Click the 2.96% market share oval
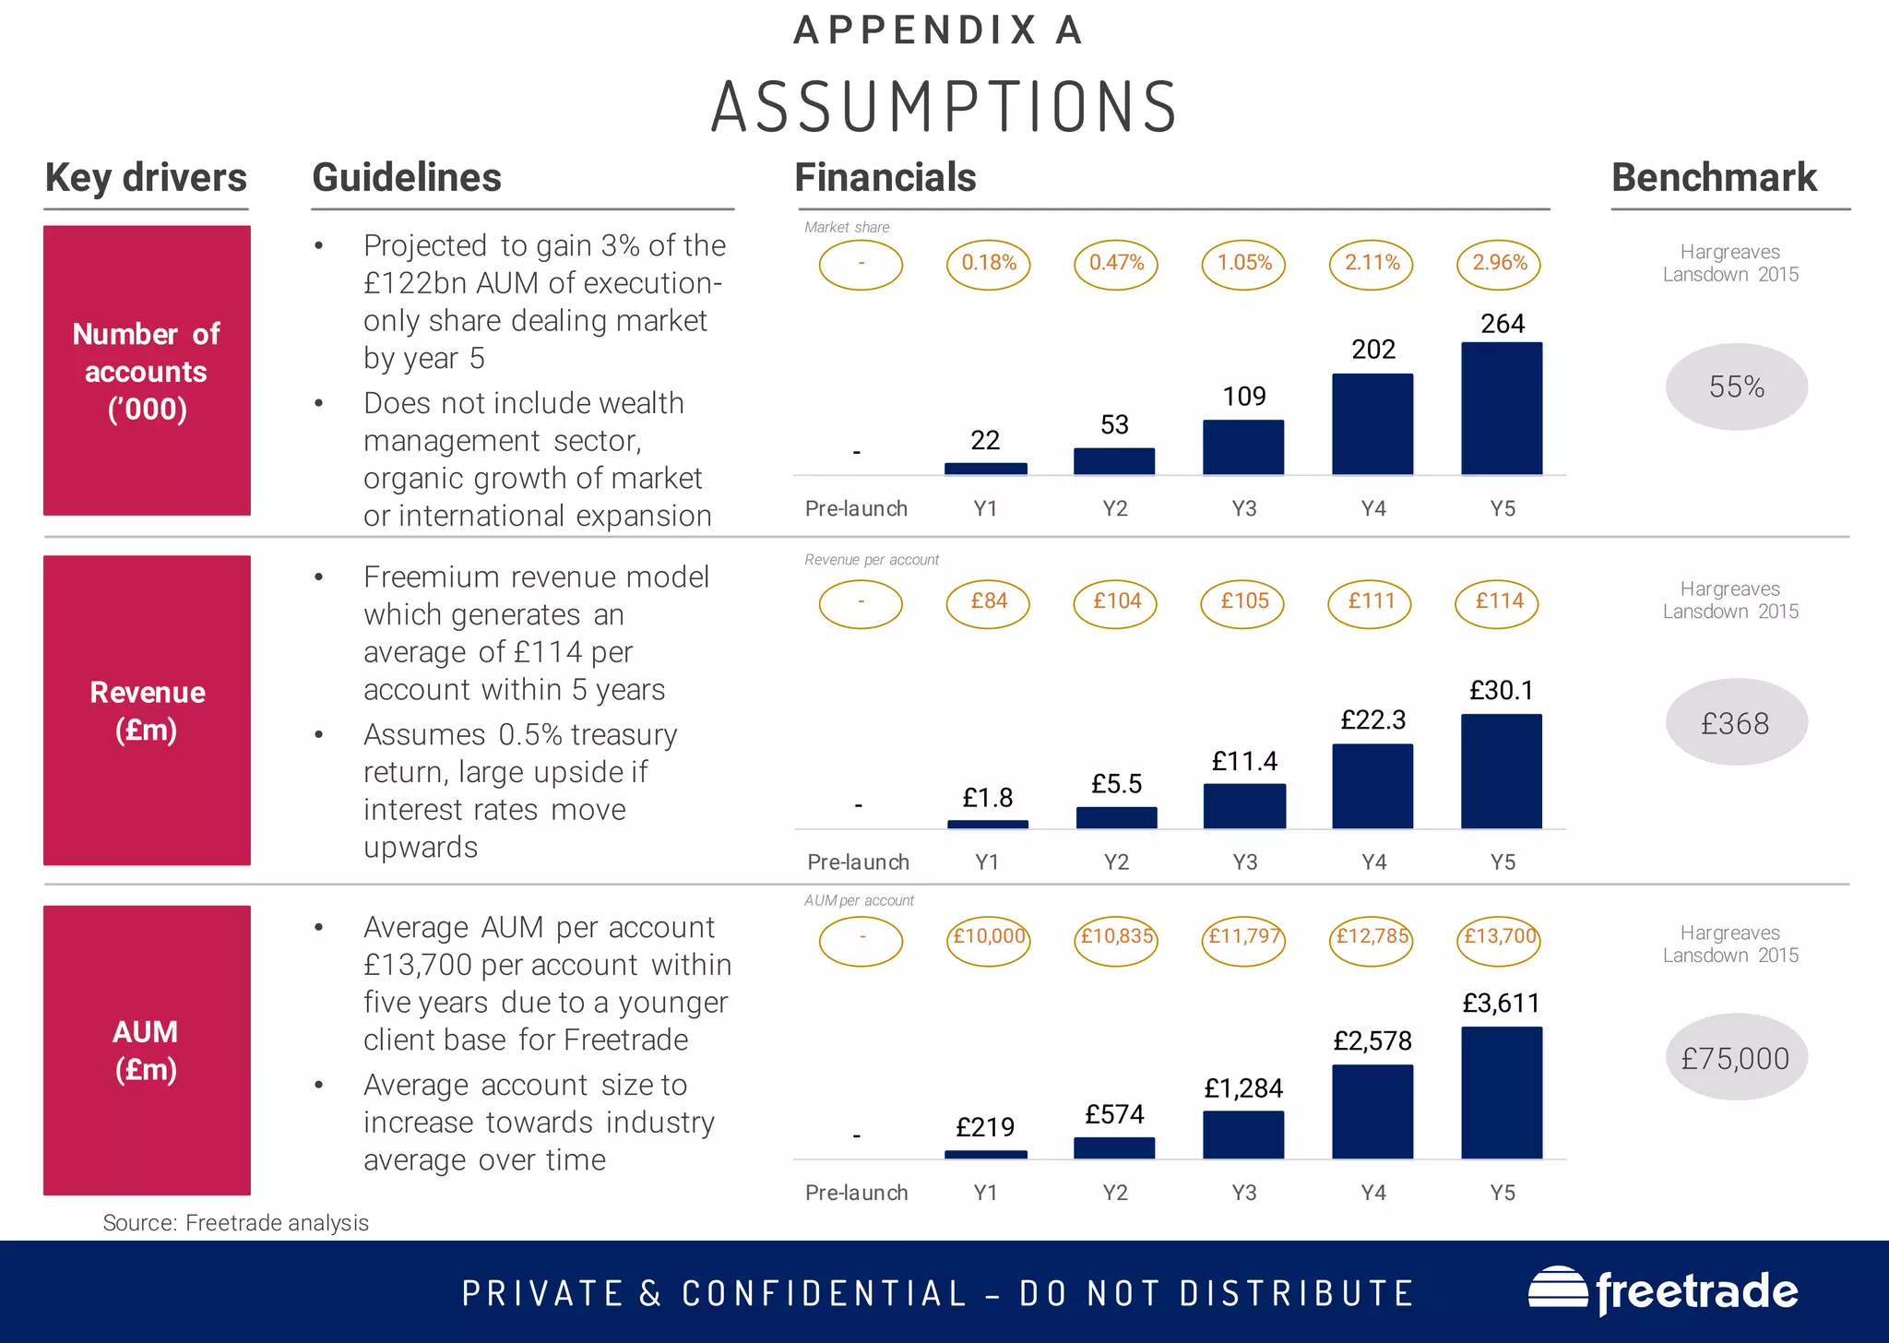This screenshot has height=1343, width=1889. (x=1500, y=264)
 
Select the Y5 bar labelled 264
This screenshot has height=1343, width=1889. (x=1502, y=409)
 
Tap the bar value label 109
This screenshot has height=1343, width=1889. (x=1243, y=397)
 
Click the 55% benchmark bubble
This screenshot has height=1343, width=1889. (x=1736, y=386)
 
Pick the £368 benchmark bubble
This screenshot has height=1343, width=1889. (x=1736, y=722)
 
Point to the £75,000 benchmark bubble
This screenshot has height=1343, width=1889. (x=1736, y=1057)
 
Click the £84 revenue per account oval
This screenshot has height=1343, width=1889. (x=988, y=602)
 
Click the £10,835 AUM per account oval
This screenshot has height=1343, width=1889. (x=1116, y=938)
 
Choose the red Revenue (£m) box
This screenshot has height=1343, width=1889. (x=147, y=710)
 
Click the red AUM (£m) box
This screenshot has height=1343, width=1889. (x=147, y=1050)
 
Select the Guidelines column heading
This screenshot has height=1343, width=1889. (x=407, y=177)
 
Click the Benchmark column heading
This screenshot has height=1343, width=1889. (x=1714, y=177)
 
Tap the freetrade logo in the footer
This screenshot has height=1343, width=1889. (x=1663, y=1291)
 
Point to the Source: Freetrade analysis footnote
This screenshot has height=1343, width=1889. (x=235, y=1223)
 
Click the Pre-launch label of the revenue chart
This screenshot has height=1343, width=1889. (x=858, y=862)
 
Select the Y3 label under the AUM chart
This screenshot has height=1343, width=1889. (x=1243, y=1193)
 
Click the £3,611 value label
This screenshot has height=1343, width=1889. (x=1501, y=1003)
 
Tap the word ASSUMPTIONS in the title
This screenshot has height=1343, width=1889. (x=944, y=107)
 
